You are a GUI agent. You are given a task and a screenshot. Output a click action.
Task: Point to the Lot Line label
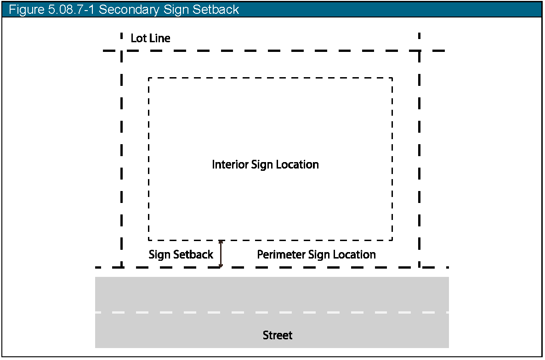coord(150,38)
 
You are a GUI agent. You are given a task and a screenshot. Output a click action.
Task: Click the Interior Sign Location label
coord(265,164)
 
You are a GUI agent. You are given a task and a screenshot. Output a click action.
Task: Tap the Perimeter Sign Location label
coord(316,254)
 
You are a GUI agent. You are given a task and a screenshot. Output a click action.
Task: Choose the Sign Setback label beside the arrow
coord(181,254)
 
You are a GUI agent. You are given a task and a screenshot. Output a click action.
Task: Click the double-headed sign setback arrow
coord(221,253)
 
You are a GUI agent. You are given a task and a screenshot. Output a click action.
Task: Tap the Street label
coord(278,335)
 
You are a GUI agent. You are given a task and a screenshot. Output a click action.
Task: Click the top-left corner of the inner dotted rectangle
coord(149,78)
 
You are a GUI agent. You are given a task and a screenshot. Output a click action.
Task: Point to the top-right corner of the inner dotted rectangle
coord(392,78)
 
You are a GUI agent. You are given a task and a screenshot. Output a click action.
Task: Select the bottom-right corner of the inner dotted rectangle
coord(392,240)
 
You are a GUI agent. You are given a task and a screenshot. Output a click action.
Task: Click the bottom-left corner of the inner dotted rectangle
coord(149,240)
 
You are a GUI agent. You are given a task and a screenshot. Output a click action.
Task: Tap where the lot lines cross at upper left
coord(122,51)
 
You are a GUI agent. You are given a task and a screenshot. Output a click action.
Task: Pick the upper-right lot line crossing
coord(419,51)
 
